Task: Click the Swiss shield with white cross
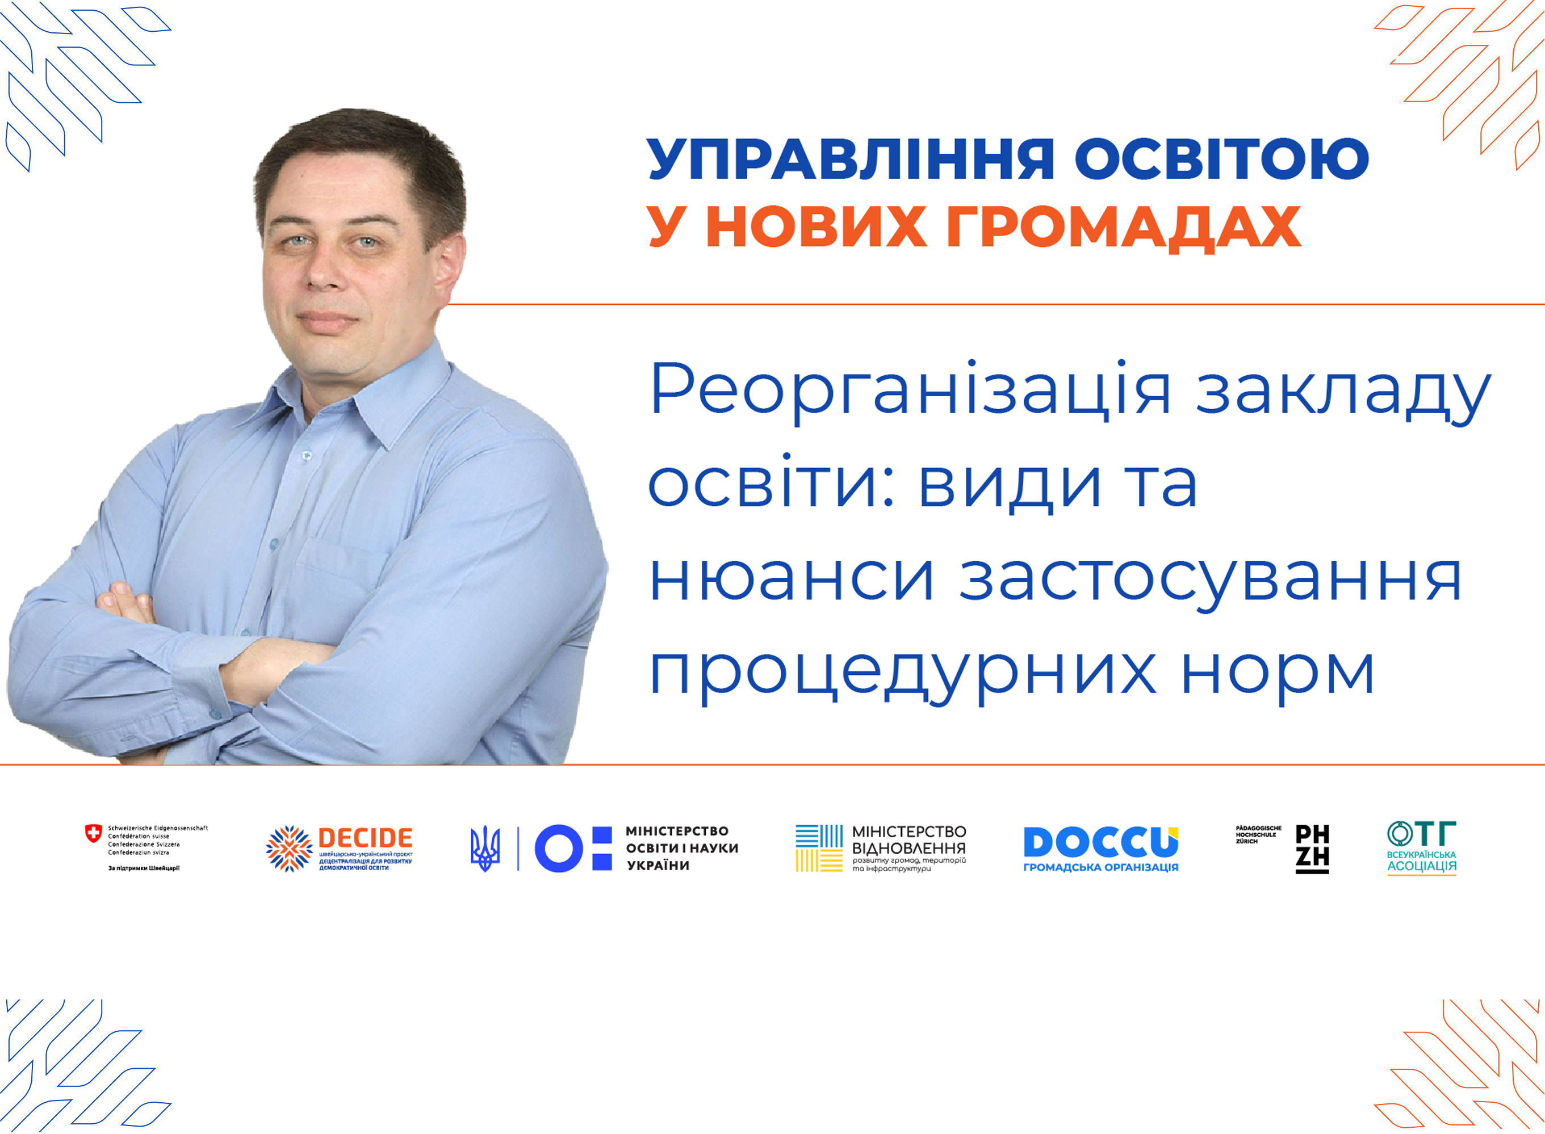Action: pos(93,833)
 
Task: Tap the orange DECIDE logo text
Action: pos(365,838)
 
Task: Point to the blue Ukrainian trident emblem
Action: pos(485,849)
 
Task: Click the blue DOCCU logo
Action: pos(1101,842)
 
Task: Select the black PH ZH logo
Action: pos(1312,849)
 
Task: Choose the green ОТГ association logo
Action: pos(1421,848)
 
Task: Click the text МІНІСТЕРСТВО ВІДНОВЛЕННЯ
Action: pos(908,839)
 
